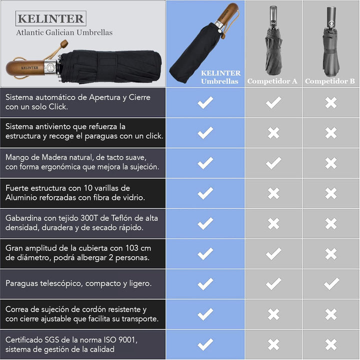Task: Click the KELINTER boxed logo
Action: click(51, 18)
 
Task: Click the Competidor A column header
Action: click(272, 81)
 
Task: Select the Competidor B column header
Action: click(330, 81)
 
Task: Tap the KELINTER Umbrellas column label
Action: click(220, 77)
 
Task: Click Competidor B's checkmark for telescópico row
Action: click(331, 284)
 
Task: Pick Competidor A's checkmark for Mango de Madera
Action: click(273, 163)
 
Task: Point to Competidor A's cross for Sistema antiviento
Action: click(273, 133)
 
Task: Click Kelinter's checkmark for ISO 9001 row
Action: click(205, 345)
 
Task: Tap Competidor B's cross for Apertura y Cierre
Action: click(331, 103)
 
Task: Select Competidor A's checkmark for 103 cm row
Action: click(273, 254)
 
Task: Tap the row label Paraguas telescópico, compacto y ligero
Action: click(78, 284)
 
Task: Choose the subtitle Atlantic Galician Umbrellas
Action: click(64, 32)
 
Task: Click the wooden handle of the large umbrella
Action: click(25, 68)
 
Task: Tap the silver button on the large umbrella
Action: click(50, 68)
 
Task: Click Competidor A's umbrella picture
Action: click(273, 40)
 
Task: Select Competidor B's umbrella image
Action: click(331, 41)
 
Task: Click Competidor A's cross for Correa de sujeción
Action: click(273, 314)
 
